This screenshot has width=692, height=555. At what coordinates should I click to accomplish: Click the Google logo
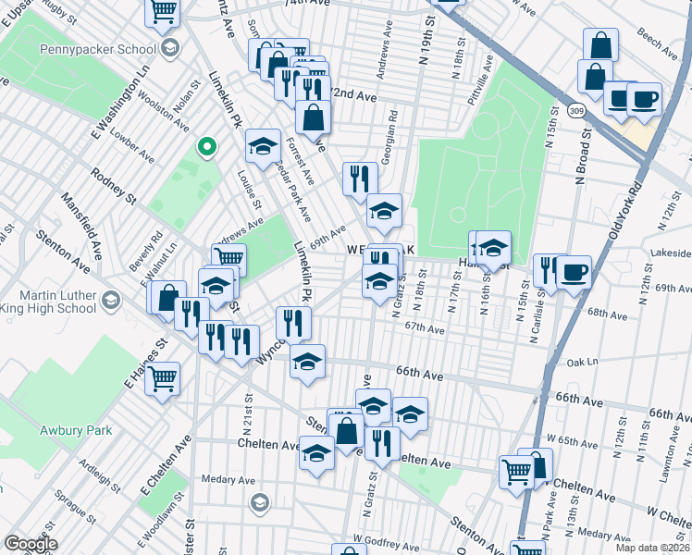31,544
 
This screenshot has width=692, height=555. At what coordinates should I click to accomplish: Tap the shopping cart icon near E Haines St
163,377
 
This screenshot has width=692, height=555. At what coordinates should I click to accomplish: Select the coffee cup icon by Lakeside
574,272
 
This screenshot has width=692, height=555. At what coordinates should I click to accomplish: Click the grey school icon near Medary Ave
260,502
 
